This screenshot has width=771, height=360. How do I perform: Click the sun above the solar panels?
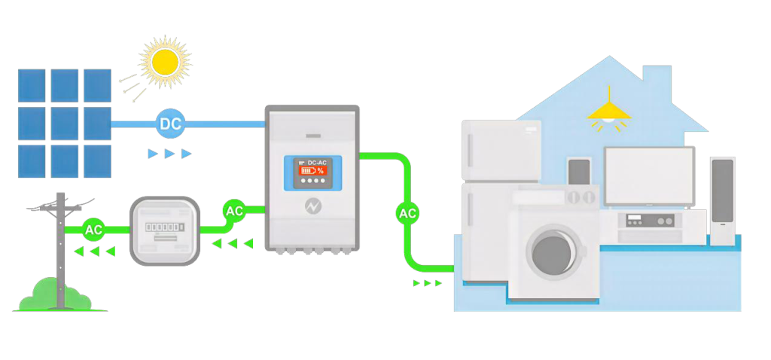click(x=165, y=61)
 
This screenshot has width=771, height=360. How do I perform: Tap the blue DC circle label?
click(x=171, y=124)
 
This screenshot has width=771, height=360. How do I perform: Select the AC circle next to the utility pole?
click(x=93, y=230)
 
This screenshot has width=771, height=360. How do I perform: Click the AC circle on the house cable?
click(x=407, y=214)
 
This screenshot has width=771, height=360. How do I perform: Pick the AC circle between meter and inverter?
click(x=235, y=211)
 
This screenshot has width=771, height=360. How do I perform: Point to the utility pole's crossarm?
click(x=60, y=208)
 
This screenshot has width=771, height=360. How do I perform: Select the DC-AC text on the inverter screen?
click(x=317, y=162)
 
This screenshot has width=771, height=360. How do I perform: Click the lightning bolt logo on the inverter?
click(x=312, y=207)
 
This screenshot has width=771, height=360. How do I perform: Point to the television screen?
click(x=649, y=176)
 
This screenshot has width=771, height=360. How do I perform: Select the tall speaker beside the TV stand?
click(x=722, y=201)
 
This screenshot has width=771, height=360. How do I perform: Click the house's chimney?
click(x=657, y=81)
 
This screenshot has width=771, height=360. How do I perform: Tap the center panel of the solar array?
click(x=65, y=124)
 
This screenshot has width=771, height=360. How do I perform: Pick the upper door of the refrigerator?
click(x=501, y=150)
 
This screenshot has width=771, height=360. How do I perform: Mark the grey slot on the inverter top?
click(x=314, y=136)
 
